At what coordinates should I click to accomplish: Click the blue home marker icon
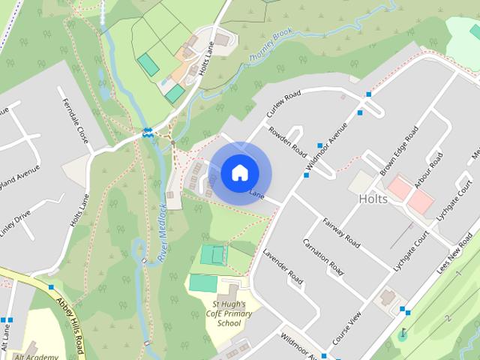[238, 172]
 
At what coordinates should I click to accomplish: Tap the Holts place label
[373, 199]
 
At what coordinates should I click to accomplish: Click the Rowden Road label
[289, 139]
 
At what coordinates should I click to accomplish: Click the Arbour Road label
[429, 170]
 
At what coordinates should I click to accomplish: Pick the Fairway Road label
[342, 232]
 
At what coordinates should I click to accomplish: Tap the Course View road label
[347, 328]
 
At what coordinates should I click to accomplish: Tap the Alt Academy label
[37, 355]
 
